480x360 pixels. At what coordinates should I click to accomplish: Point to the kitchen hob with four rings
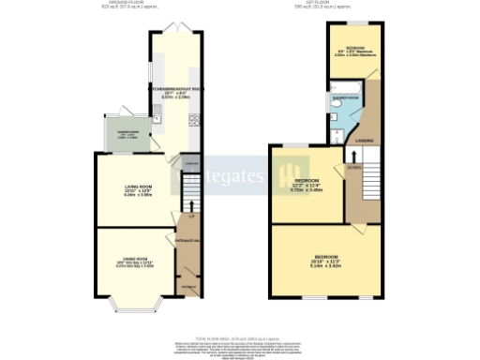click(193, 119)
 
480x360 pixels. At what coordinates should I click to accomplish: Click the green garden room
click(125, 138)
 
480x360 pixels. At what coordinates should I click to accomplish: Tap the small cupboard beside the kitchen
click(190, 164)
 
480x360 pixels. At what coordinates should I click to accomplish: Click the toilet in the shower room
click(335, 134)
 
